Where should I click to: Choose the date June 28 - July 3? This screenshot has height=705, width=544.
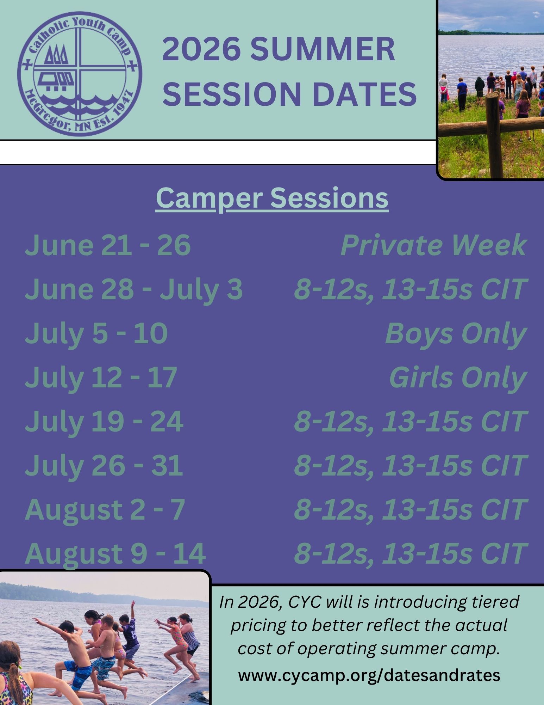click(134, 289)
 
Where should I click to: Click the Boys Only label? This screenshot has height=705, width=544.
click(456, 333)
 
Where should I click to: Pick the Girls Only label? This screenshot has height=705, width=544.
click(458, 378)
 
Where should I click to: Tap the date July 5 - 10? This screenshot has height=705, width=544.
click(96, 333)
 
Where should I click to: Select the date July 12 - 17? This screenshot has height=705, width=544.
click(101, 377)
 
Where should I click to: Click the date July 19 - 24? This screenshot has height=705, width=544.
click(104, 421)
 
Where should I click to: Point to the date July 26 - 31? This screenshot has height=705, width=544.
click(104, 465)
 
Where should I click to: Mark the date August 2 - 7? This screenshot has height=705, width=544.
click(105, 509)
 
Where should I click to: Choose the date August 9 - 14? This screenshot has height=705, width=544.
click(115, 553)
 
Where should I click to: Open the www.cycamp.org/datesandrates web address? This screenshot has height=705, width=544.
click(369, 675)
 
